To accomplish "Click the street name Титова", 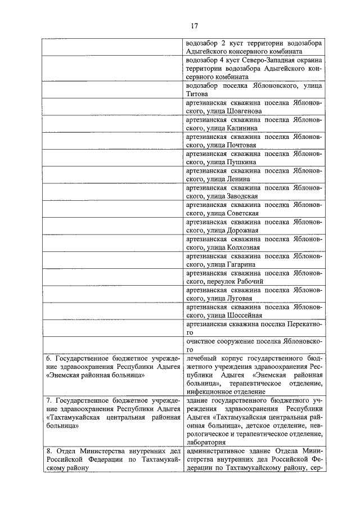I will pos(196,95).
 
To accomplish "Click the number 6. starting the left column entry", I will pos(48,358).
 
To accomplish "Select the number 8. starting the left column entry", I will pos(48,451).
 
